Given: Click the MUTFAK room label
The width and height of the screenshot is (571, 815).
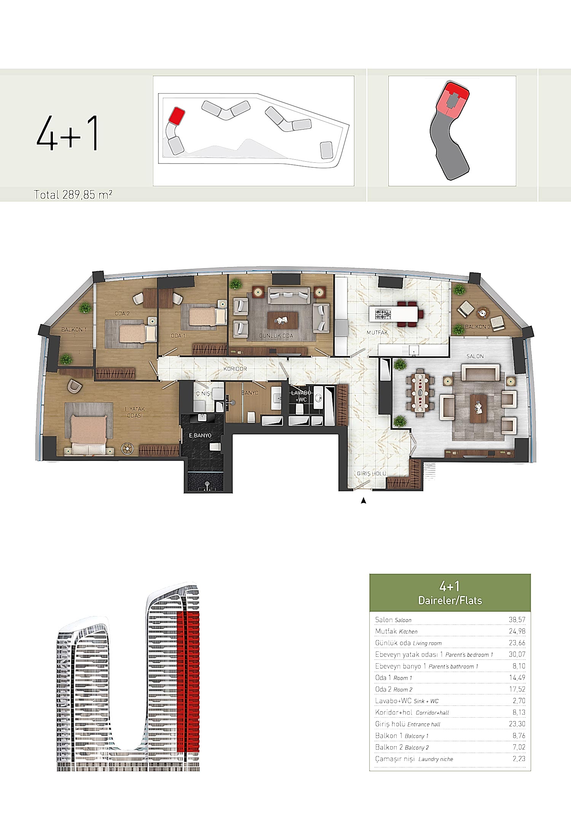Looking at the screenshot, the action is coord(377,332).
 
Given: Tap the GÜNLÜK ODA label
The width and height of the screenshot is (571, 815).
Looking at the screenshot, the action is coord(276,336).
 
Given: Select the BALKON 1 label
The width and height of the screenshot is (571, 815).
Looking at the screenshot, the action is coord(74,330).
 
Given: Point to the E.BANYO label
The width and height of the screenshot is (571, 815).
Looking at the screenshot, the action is coord(200,435).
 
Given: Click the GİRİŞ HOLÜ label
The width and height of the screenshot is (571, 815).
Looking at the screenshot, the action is coord(372,473).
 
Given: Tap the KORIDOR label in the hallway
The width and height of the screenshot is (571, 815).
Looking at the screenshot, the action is coord(235,369).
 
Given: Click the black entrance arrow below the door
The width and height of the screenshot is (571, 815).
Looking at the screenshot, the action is coord(364,501).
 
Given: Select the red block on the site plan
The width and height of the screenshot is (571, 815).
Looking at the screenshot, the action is coord(177,115).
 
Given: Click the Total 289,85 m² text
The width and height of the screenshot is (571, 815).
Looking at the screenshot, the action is coord(73,195).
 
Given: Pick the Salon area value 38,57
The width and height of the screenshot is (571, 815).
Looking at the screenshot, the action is coord(517,620).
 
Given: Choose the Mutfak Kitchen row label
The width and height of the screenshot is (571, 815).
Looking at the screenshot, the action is coord(396,631).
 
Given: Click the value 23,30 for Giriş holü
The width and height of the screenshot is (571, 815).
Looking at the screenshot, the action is coord(517,724).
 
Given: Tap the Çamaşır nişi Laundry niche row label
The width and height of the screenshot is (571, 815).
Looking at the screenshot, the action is coord(414,759).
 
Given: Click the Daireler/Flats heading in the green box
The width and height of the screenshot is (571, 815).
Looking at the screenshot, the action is coord(450,601).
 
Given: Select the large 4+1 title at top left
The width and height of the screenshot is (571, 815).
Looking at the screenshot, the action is coord(68,133).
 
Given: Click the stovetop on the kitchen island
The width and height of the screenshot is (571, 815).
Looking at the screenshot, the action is coord(383,314).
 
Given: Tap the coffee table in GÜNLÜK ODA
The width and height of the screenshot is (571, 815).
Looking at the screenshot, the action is coord(283,320).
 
